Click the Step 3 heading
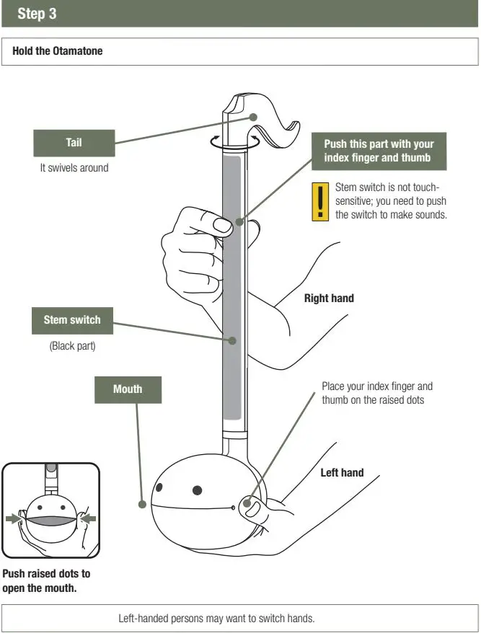pos(37,14)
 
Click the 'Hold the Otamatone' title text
pos(58,51)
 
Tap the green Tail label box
pos(74,143)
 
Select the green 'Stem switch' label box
pos(72,320)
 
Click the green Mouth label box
pos(128,389)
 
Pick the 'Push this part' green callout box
pos(379,151)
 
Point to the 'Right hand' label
pos(329,298)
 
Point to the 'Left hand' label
pos(342,473)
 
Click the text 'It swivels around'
pos(74,168)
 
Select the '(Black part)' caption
pos(72,346)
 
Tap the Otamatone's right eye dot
pos(196,491)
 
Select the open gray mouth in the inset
pos(50,519)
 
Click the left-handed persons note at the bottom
pos(216,619)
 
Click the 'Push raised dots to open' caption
pos(46,580)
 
